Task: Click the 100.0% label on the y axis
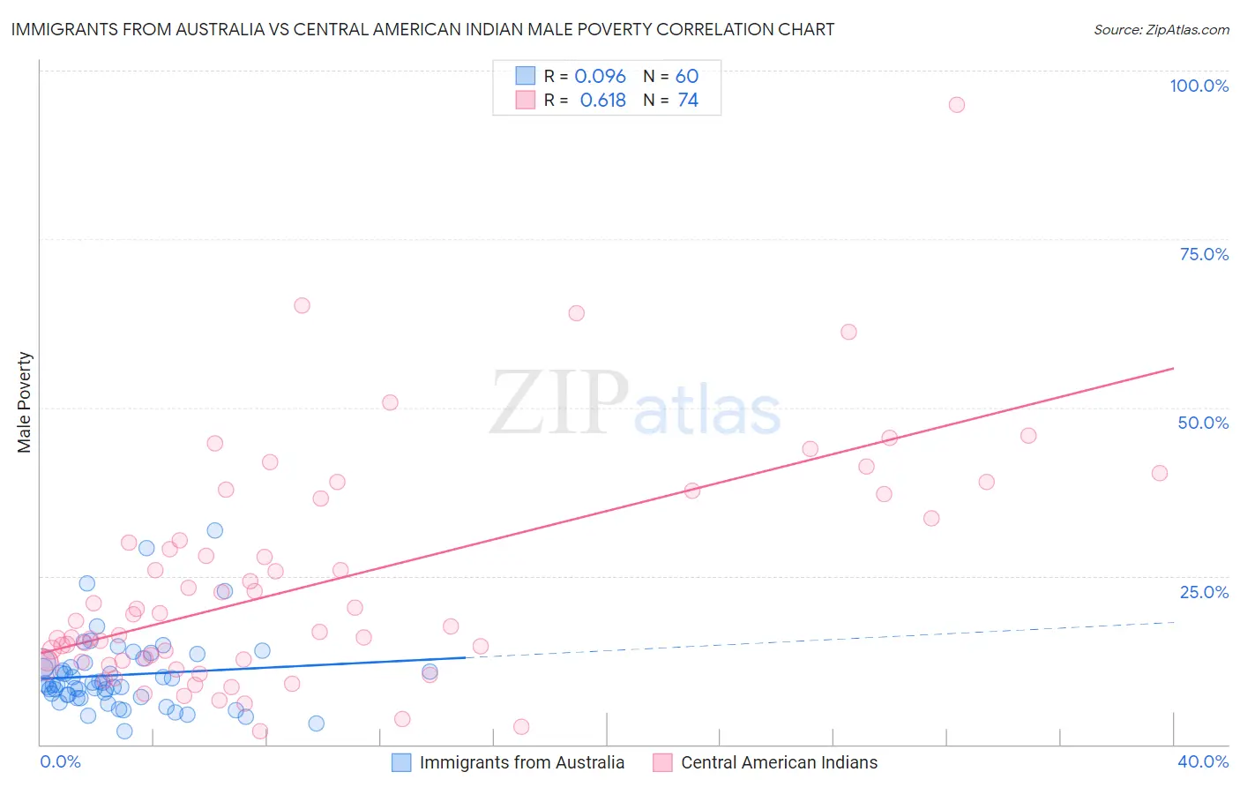coord(1199,86)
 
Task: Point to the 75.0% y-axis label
coord(1204,254)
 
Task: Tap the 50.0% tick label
coord(1203,423)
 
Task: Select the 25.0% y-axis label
coord(1204,591)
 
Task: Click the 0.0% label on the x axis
coord(60,761)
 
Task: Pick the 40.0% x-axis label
coord(1203,761)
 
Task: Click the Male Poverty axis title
coord(25,402)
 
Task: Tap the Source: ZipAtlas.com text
coord(1161,30)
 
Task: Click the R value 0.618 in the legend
coord(602,101)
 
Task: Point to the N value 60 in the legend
coord(686,77)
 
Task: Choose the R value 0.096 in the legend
coord(600,77)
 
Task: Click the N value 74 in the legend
coord(688,101)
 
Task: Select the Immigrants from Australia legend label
coord(521,762)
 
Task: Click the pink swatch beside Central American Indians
coord(662,762)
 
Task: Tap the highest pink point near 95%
coord(956,105)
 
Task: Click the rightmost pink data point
coord(1160,473)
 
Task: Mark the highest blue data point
coord(214,530)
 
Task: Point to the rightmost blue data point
coord(430,671)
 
